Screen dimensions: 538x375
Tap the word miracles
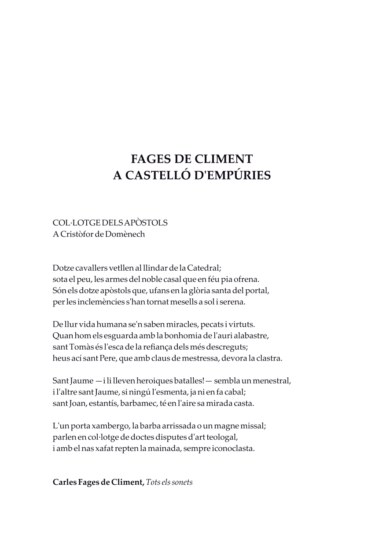(180, 324)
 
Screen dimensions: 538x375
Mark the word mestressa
(201, 358)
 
